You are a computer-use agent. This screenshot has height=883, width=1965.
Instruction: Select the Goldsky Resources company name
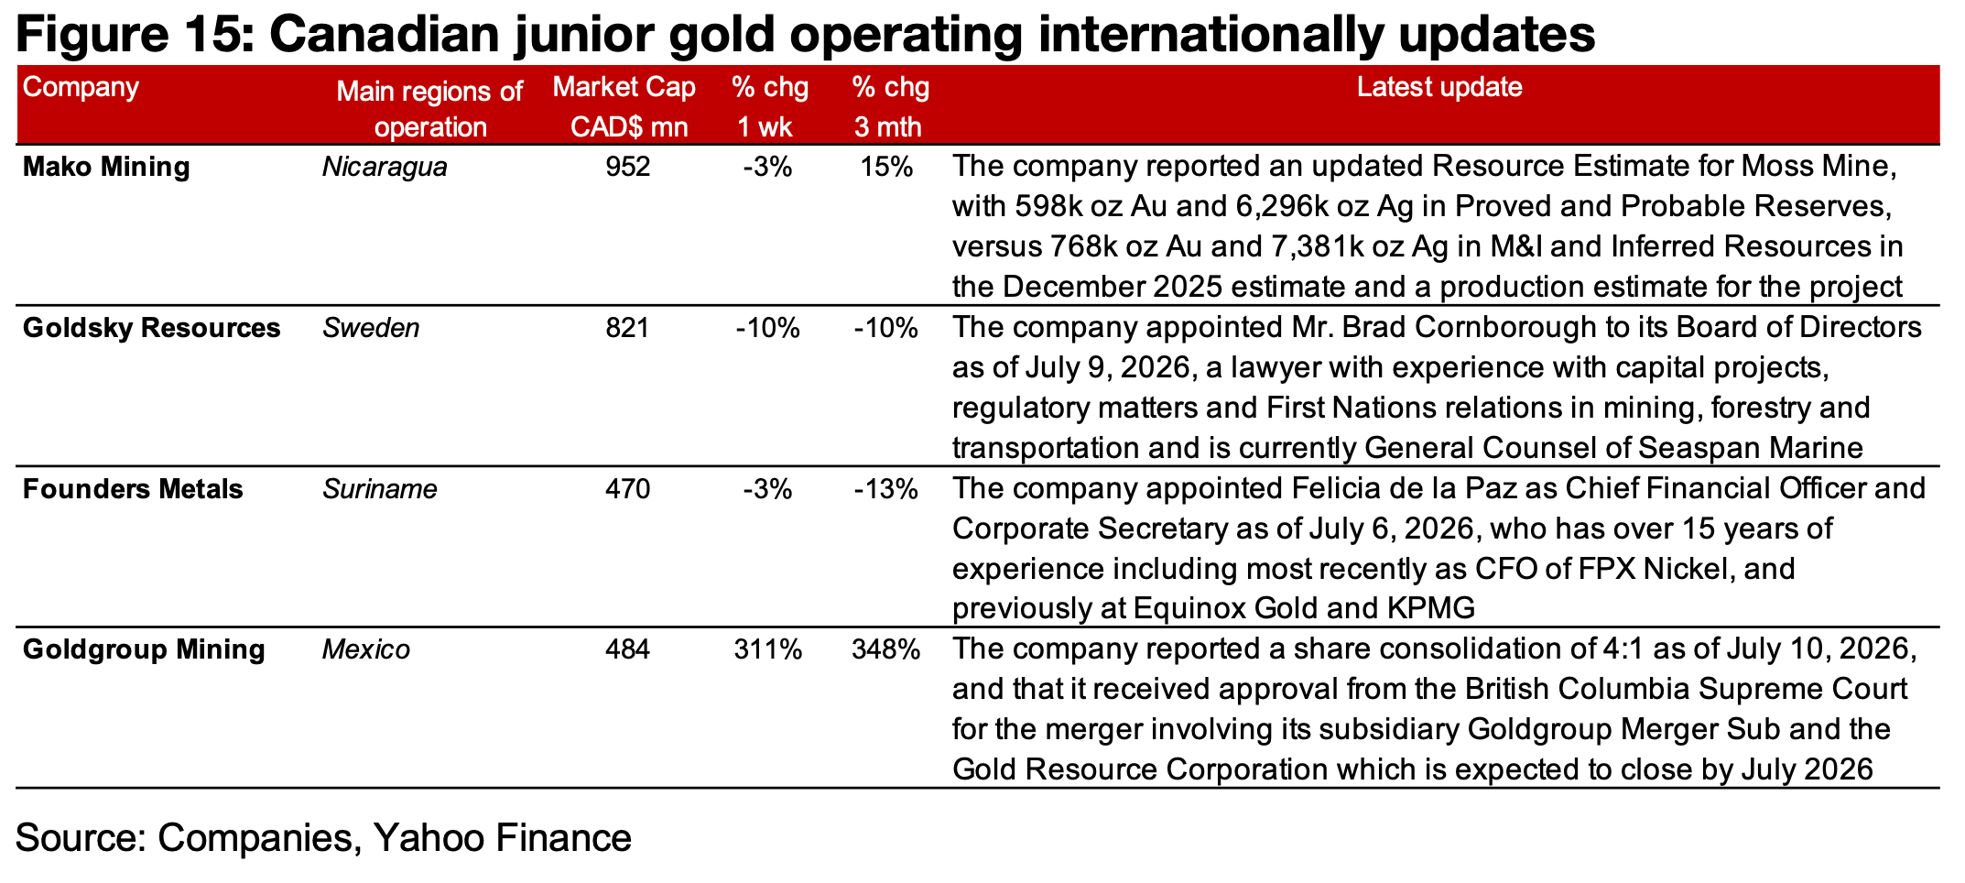click(151, 328)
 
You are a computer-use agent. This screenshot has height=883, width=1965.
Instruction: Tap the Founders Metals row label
click(133, 489)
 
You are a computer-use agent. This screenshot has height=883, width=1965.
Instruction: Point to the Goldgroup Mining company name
click(144, 650)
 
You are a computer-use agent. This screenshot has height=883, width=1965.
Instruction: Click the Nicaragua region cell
click(385, 168)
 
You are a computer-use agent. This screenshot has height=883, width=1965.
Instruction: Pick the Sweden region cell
click(371, 328)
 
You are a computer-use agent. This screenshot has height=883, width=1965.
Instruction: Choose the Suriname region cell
click(379, 489)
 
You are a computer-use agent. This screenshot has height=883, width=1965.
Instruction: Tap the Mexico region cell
click(366, 650)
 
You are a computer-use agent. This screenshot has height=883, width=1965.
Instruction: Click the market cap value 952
click(627, 168)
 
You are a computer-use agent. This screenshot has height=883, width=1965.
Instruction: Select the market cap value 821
click(627, 328)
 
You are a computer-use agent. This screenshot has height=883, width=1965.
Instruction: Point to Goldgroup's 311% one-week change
click(768, 650)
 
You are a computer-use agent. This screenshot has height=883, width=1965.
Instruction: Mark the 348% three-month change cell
click(885, 650)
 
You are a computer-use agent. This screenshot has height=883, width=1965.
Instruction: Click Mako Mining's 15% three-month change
click(886, 168)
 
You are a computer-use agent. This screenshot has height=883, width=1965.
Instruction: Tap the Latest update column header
click(1439, 88)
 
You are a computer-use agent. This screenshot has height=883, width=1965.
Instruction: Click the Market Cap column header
click(624, 88)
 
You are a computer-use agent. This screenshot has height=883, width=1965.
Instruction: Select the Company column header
click(81, 88)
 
